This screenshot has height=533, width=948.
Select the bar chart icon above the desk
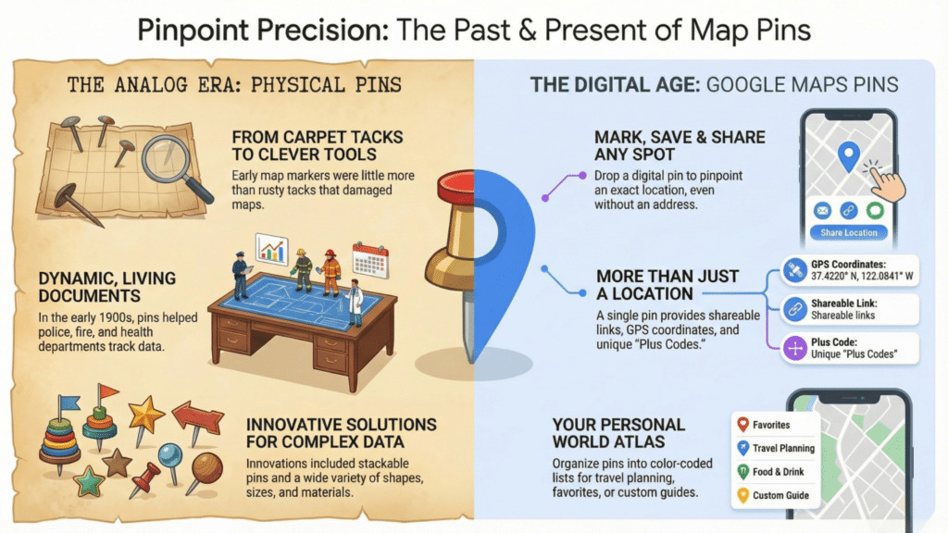[x=271, y=249]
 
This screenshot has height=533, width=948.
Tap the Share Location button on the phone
[x=848, y=232]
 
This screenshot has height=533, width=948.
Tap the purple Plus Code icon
[x=794, y=348]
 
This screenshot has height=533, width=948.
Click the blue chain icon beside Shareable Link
[x=794, y=308]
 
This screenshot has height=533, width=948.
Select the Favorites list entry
[x=774, y=425]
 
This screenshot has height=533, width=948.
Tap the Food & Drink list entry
[x=774, y=472]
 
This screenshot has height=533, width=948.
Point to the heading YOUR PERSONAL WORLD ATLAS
[x=617, y=433]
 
